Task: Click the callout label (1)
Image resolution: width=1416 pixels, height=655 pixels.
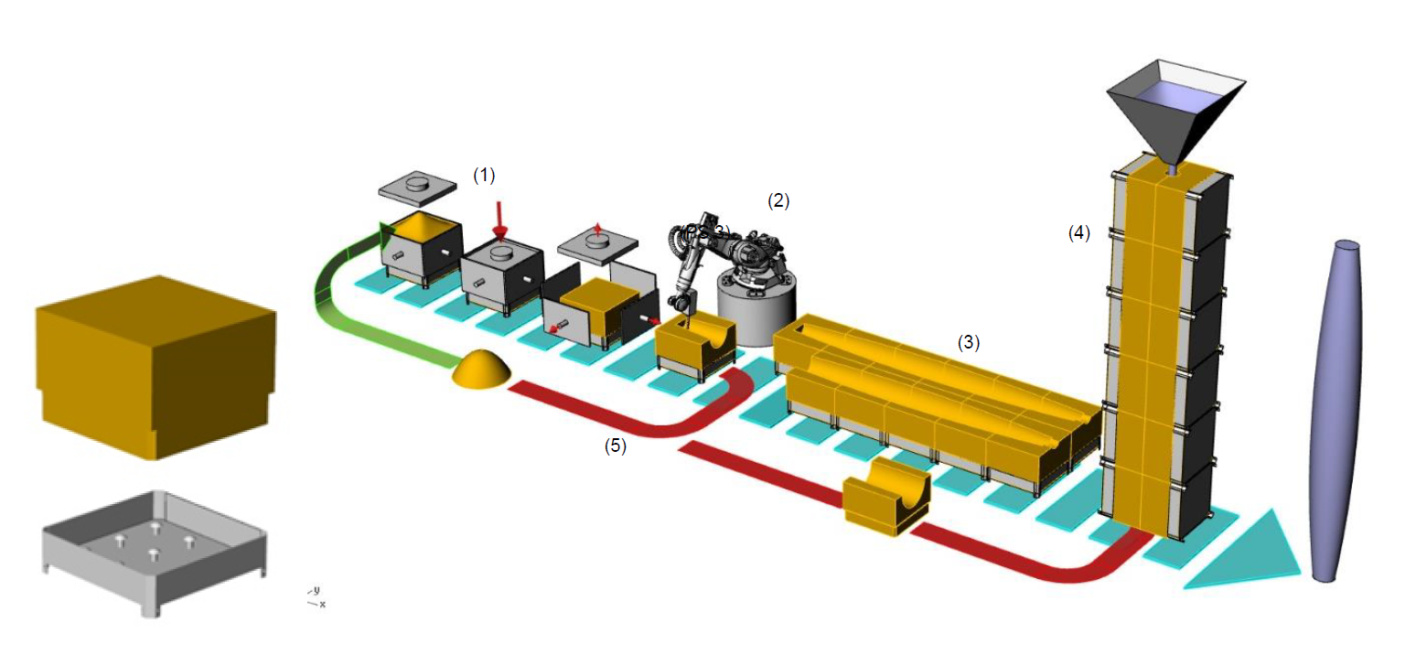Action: (x=483, y=176)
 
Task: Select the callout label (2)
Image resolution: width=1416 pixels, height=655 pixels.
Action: (x=778, y=201)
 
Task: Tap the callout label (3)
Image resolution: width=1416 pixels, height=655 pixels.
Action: (x=969, y=343)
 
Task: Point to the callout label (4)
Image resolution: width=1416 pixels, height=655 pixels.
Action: (x=1079, y=233)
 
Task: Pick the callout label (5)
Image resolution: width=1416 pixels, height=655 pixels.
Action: (x=616, y=447)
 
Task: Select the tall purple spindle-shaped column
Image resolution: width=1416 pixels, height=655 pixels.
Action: (x=1337, y=412)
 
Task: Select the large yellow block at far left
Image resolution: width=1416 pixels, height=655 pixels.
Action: (x=154, y=366)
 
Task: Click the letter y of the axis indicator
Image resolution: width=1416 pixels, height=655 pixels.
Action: (x=316, y=591)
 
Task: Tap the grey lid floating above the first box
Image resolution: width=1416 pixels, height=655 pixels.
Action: (x=417, y=186)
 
